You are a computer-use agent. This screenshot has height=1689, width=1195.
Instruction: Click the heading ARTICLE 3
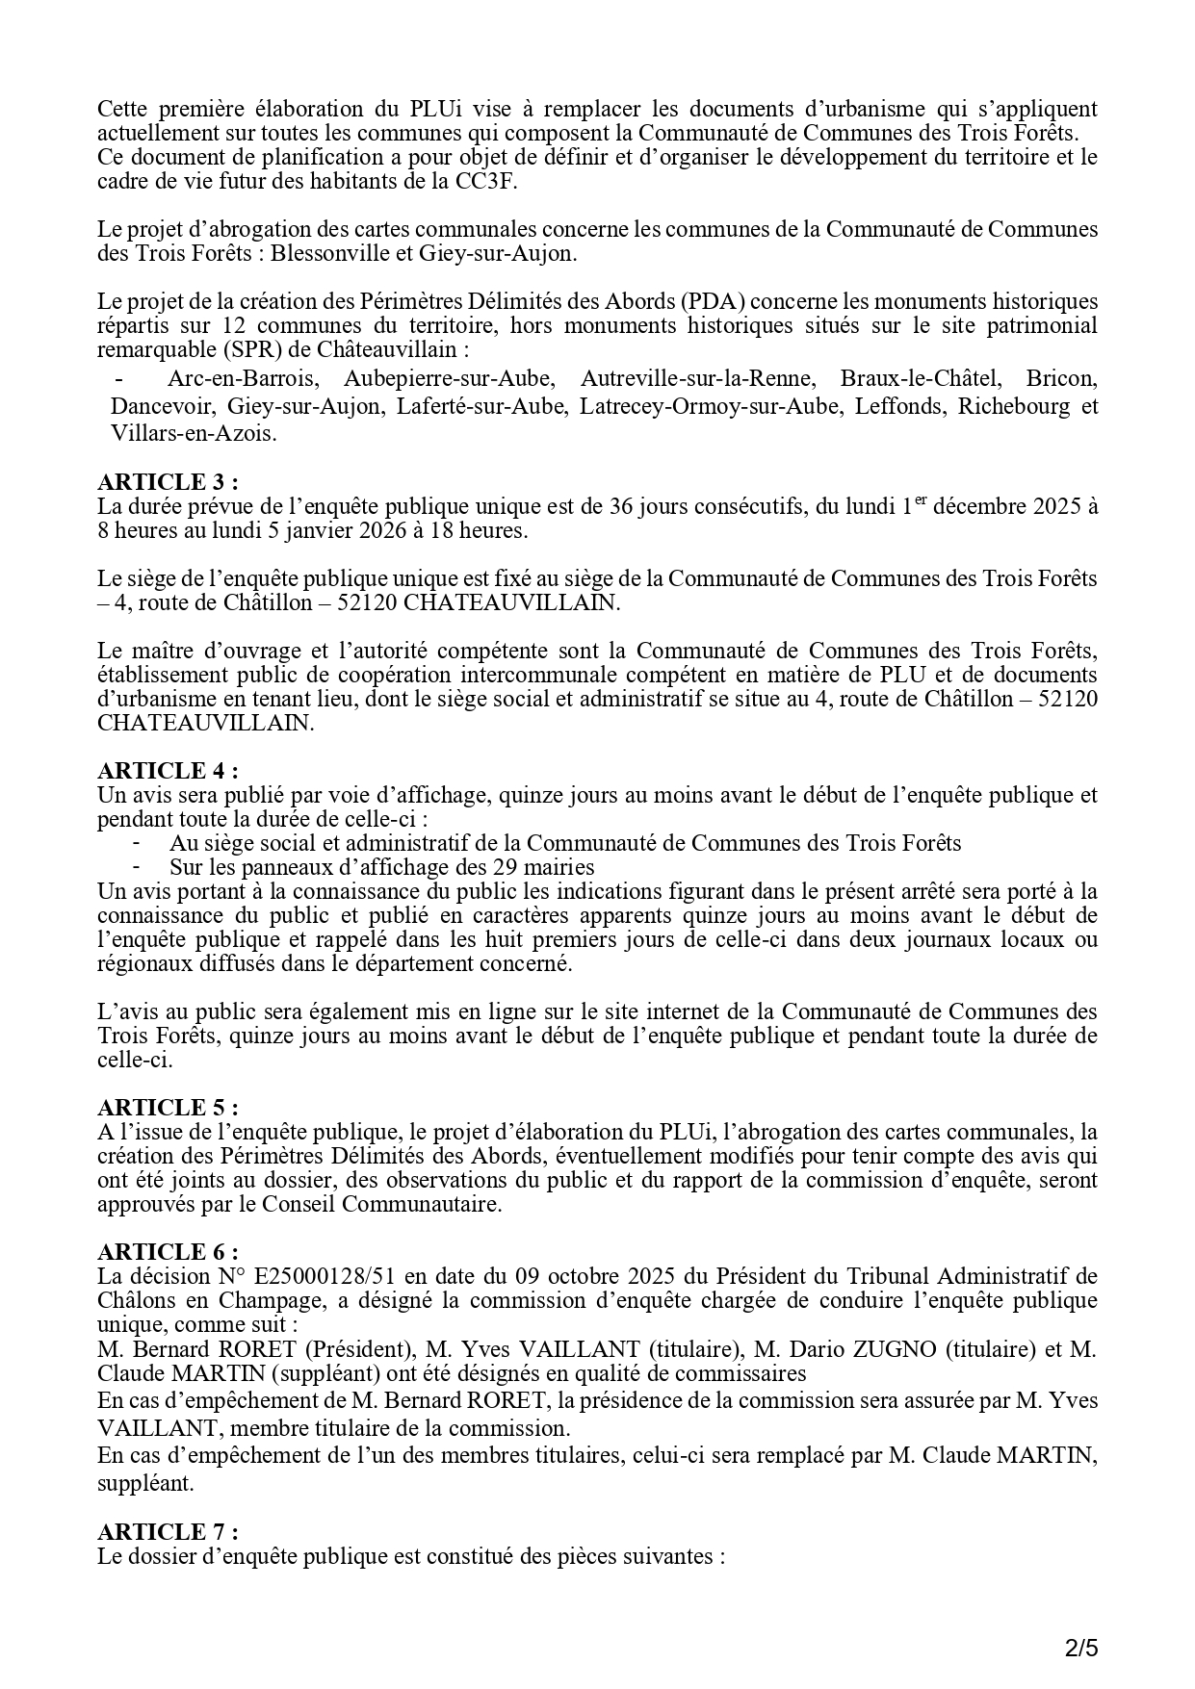click(x=167, y=482)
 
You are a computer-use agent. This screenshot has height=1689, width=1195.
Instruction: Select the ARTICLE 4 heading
click(x=167, y=771)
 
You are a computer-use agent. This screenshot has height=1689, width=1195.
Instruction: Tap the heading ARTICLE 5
click(x=167, y=1108)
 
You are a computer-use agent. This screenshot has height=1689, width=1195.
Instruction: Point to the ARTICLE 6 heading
click(x=167, y=1252)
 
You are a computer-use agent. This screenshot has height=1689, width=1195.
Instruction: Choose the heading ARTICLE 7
click(x=167, y=1531)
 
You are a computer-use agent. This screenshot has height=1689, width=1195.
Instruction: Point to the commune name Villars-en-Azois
click(x=194, y=434)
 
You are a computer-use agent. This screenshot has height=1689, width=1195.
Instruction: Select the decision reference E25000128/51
click(x=322, y=1277)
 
